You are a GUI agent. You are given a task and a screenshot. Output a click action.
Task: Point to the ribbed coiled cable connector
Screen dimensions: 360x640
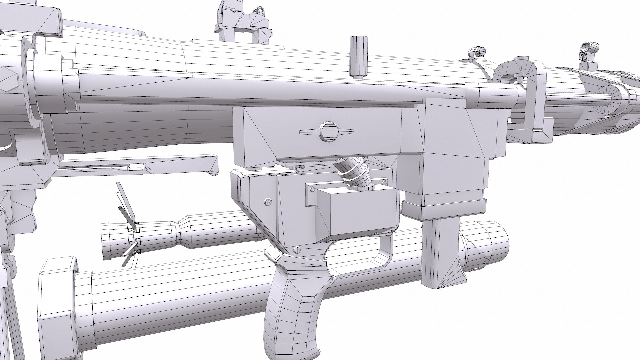pyautogui.click(x=353, y=173)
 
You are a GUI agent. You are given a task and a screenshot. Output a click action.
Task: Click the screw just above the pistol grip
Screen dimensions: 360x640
pyautogui.click(x=297, y=249)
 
